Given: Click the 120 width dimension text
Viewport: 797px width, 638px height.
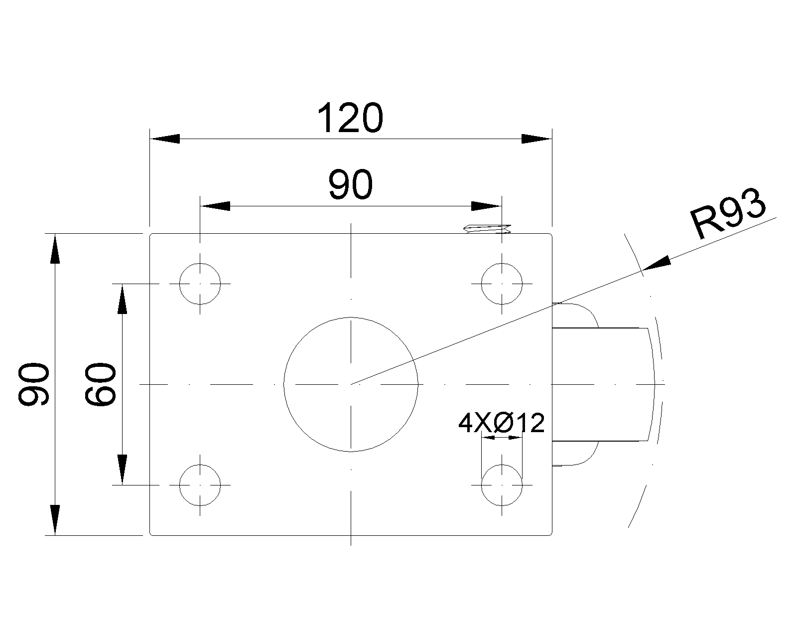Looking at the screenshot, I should point(350,118).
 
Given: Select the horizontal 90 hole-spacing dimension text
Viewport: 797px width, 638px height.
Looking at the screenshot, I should point(350,184).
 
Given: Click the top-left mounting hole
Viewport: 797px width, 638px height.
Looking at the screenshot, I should point(200,284).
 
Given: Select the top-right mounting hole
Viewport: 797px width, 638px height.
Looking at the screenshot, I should point(502,284).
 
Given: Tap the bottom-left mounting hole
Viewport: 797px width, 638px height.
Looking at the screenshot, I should point(200,484).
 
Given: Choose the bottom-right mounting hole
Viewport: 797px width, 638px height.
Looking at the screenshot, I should point(502,484).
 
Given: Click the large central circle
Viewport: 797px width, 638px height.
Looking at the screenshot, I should point(351,384).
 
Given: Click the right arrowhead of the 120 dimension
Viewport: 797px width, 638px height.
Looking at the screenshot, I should point(537,139).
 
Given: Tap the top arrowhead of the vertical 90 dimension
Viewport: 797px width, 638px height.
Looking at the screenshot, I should point(55,248).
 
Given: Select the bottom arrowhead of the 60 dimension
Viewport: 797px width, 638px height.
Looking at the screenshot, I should point(122,469).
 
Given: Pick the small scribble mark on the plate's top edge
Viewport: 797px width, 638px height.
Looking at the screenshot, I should point(487,229).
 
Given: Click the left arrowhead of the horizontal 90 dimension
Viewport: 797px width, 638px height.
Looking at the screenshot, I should point(215,206).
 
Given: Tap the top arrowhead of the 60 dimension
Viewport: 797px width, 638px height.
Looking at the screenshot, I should point(122,299).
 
